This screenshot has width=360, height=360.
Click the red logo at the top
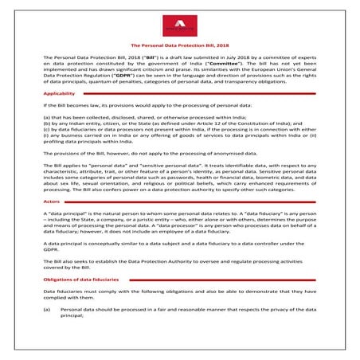coord(180,25)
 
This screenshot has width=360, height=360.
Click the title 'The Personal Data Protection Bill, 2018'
coord(180,47)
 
